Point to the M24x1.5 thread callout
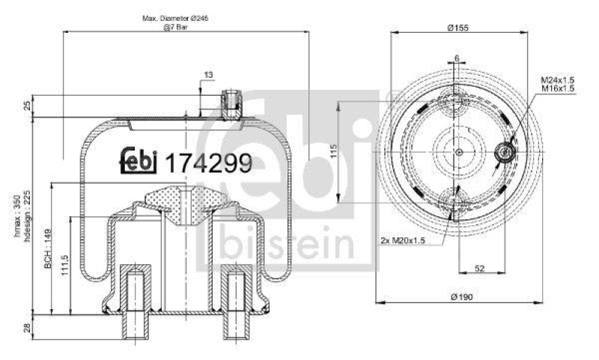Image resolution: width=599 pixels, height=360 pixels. (x=558, y=79)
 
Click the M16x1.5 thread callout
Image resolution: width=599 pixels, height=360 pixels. (x=558, y=88)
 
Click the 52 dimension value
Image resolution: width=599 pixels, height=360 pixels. (x=479, y=268)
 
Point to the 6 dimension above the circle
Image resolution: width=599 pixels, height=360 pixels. (x=456, y=58)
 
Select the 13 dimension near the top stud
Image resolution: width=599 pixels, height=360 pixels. (x=207, y=74)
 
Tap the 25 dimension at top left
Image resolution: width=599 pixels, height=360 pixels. (x=28, y=106)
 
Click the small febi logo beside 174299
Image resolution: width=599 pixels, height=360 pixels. (x=139, y=160)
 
